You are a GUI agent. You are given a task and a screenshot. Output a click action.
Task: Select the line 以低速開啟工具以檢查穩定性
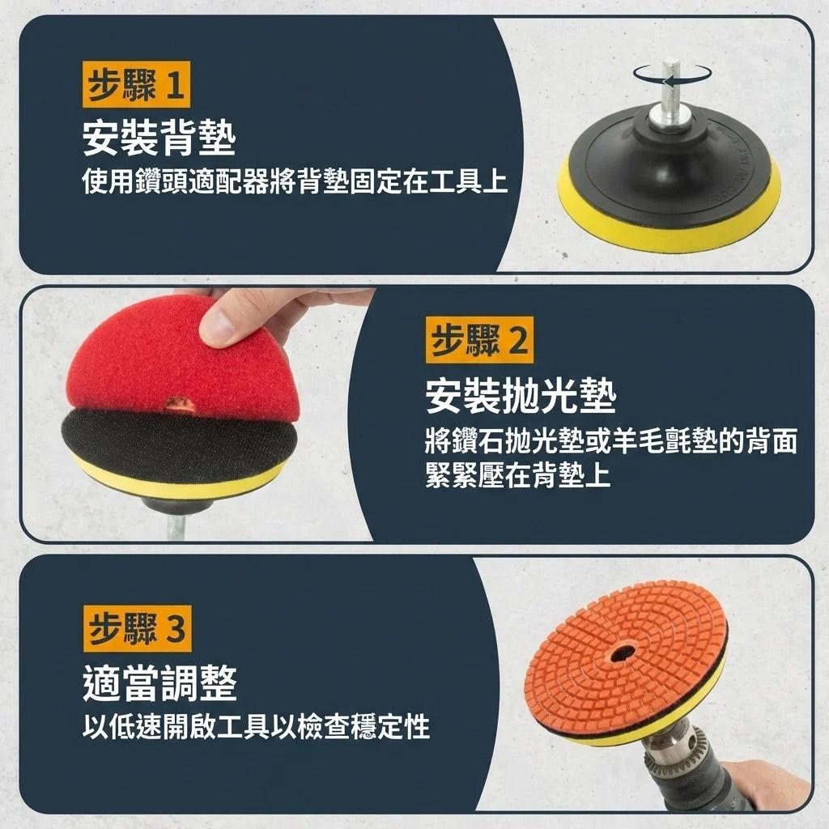pyautogui.click(x=256, y=726)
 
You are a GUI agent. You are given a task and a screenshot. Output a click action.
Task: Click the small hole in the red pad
pyautogui.click(x=180, y=403)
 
